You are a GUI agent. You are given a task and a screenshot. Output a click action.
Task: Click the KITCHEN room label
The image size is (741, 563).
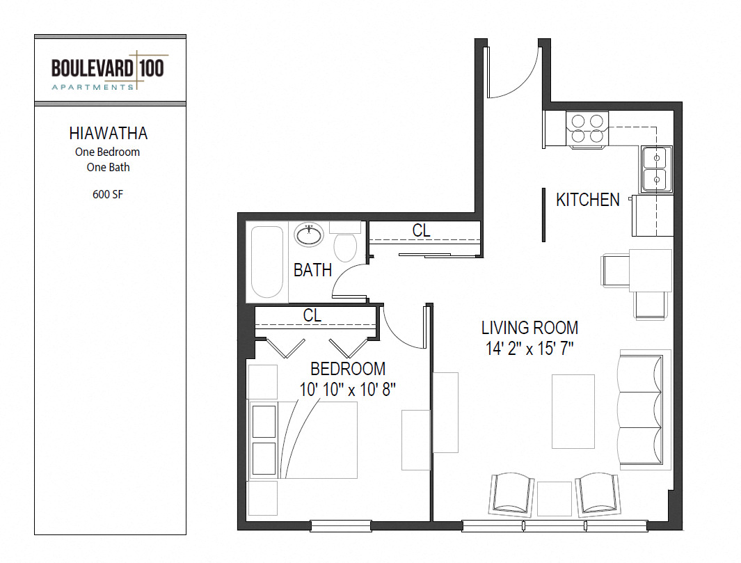587,200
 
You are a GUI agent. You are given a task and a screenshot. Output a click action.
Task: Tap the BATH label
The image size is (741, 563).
312,270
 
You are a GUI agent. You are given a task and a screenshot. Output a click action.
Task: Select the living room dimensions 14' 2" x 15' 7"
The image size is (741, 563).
529,349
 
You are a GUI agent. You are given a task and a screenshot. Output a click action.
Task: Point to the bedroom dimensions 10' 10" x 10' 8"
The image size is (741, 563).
347,390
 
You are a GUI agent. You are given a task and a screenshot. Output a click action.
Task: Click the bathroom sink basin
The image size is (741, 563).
309,235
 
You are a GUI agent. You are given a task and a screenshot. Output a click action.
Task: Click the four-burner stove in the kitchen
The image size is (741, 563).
587,129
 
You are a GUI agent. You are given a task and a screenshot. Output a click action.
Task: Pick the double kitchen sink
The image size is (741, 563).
656,169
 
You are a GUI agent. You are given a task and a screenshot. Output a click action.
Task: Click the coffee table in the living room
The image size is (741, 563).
573,411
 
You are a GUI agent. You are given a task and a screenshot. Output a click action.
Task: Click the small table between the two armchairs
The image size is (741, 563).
555,499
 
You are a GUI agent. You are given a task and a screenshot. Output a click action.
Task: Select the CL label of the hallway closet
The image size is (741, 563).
421,230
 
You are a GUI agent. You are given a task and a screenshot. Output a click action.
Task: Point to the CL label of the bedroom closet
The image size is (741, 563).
312,315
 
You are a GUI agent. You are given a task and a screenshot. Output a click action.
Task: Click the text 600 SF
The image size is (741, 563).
108,194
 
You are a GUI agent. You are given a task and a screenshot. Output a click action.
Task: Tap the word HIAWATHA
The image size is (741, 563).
109,134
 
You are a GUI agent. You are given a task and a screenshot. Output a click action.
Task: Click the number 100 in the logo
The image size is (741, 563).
152,68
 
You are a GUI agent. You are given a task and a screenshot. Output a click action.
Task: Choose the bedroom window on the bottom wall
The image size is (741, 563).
340,525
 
